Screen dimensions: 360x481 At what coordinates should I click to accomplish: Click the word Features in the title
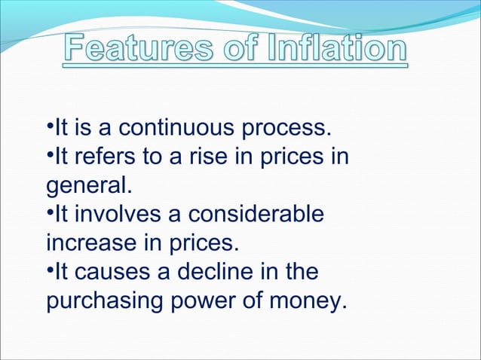pyautogui.click(x=139, y=50)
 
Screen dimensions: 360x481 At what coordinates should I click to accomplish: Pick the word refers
pyautogui.click(x=103, y=157)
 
